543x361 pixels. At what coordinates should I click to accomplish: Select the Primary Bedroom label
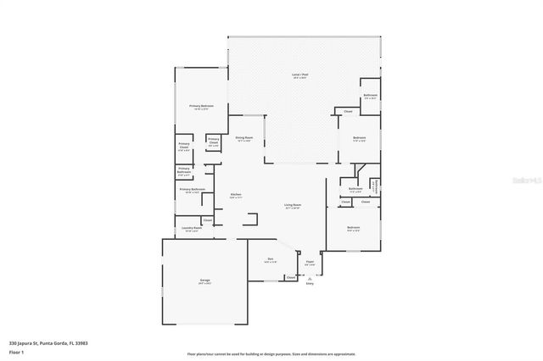point(201,107)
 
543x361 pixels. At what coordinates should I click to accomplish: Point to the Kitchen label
point(236,196)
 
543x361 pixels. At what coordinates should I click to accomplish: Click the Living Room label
point(293,206)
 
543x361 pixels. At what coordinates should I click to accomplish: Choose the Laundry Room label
point(192,228)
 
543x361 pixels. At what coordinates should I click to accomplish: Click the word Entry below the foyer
point(310,284)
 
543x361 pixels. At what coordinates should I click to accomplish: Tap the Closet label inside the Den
point(290,277)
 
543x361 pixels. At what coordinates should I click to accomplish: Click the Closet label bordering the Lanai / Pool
point(348,112)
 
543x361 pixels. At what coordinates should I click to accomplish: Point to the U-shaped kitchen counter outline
point(251,219)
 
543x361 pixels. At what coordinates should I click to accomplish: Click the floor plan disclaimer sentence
point(271,353)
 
